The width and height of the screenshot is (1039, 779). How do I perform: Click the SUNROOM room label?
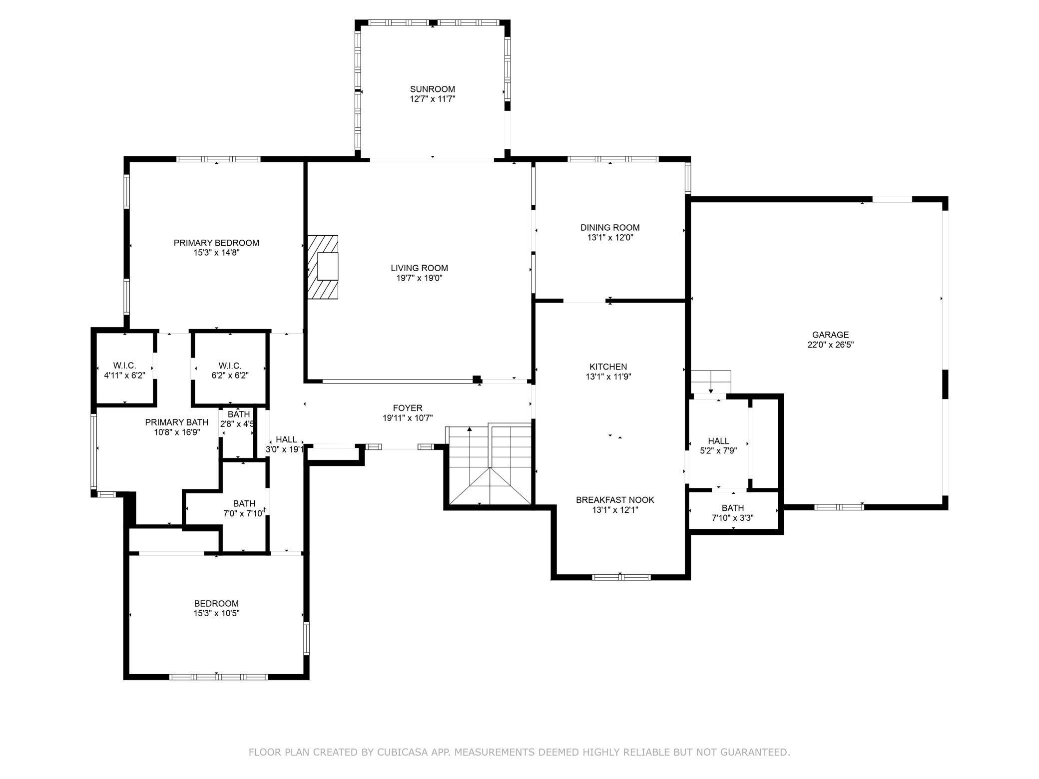(x=432, y=89)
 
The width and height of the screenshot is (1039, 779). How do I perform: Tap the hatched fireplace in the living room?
(x=323, y=267)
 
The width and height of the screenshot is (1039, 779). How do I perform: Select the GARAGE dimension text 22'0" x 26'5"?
(x=830, y=345)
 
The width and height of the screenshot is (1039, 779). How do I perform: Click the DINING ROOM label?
(x=609, y=228)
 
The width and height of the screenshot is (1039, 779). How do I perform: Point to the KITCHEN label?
(x=608, y=367)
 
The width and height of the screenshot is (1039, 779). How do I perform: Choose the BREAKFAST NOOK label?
(x=615, y=500)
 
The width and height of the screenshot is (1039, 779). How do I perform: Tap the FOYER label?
(x=408, y=408)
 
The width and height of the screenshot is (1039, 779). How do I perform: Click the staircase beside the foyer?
(x=489, y=464)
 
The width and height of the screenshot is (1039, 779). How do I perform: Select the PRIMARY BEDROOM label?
(x=216, y=243)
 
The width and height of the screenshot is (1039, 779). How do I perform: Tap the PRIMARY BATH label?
(x=176, y=422)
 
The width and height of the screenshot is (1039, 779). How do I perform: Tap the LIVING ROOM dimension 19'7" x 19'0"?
(x=419, y=278)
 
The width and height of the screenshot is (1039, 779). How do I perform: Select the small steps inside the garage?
(x=710, y=382)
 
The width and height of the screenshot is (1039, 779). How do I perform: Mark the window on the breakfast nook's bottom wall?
(x=621, y=577)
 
